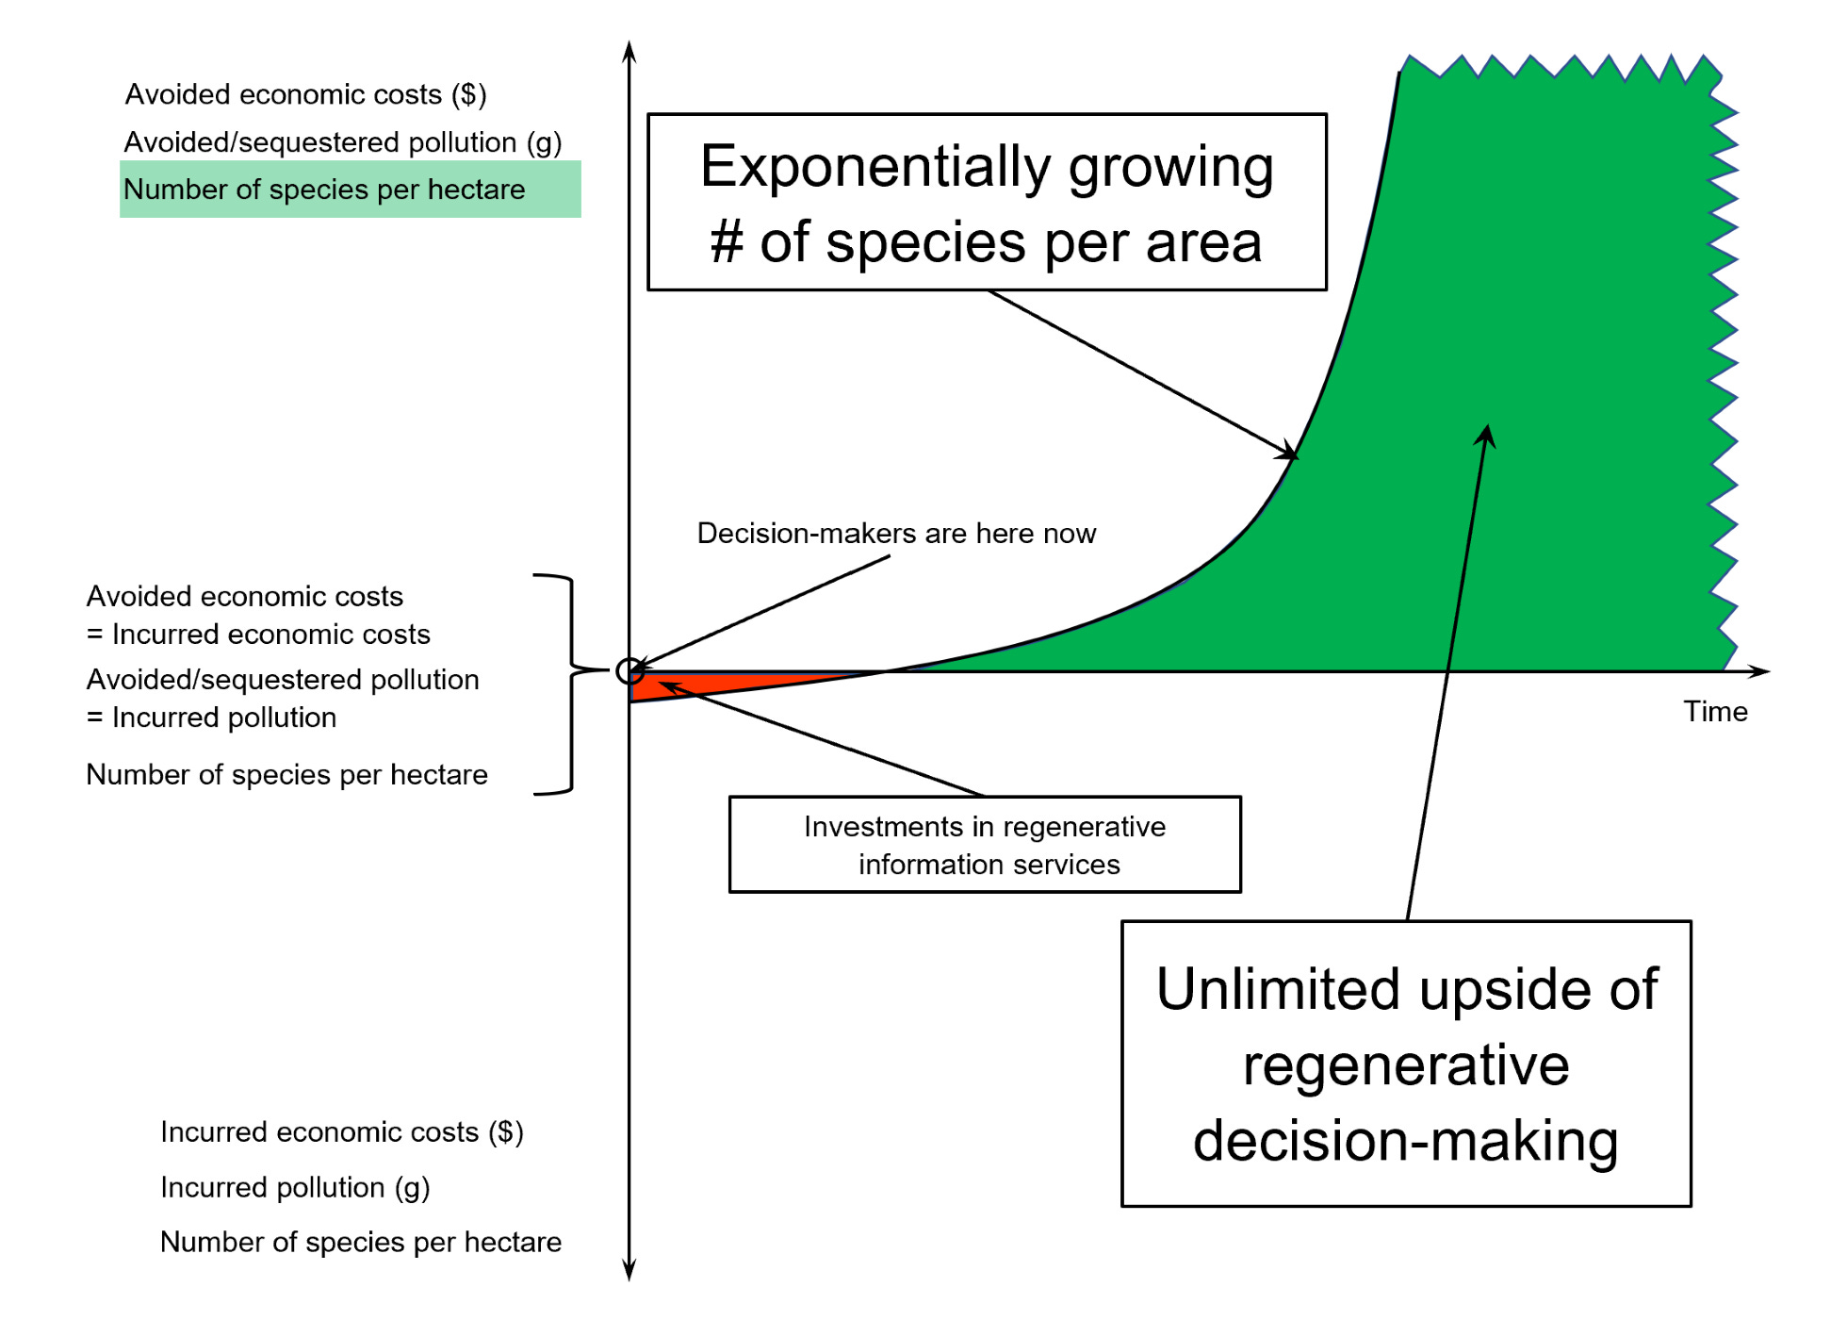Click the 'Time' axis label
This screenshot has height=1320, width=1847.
point(1715,712)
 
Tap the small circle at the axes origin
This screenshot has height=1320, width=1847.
point(629,671)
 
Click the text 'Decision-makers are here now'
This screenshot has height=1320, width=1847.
point(896,534)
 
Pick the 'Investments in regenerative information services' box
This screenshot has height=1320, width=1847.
point(985,845)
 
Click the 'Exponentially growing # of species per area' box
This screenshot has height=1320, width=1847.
point(987,203)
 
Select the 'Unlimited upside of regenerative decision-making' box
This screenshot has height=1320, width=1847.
point(1406,1064)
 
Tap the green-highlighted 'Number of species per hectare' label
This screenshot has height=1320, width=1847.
point(324,190)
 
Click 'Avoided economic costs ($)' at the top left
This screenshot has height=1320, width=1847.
point(305,94)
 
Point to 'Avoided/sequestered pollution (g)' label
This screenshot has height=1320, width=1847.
point(343,142)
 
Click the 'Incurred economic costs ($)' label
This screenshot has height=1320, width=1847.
point(341,1131)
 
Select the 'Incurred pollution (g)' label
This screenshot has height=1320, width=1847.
point(295,1187)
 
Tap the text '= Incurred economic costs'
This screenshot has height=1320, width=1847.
point(259,635)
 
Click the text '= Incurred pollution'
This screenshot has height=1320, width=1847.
point(212,718)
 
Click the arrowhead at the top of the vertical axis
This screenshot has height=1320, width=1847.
point(629,51)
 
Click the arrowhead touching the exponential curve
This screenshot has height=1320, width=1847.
point(1288,453)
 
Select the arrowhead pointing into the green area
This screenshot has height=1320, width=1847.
point(1486,435)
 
